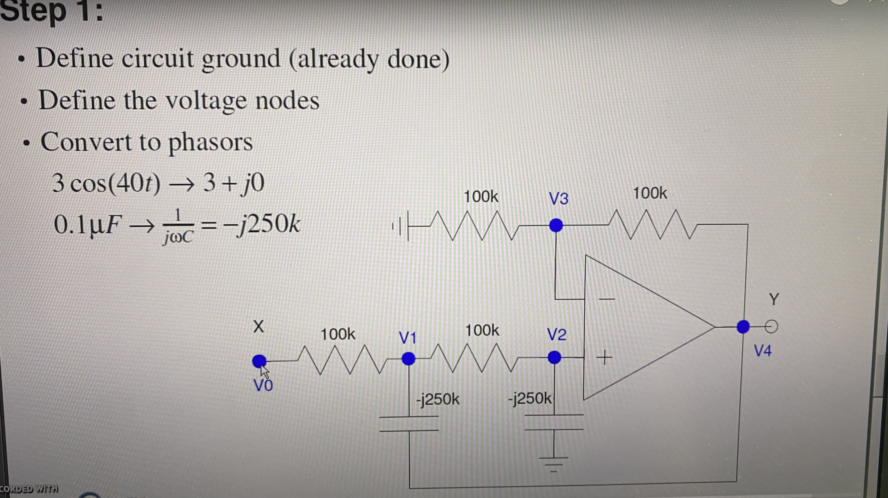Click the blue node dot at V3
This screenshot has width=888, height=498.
click(x=556, y=226)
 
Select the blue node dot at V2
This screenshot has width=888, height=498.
click(x=554, y=357)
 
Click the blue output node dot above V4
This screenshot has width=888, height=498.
click(x=743, y=326)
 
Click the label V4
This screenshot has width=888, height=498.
click(x=762, y=351)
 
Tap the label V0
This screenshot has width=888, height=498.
click(x=263, y=385)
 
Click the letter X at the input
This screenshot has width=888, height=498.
click(x=259, y=326)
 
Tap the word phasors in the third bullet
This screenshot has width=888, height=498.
click(x=210, y=142)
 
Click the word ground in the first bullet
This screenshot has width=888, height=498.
click(x=241, y=59)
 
